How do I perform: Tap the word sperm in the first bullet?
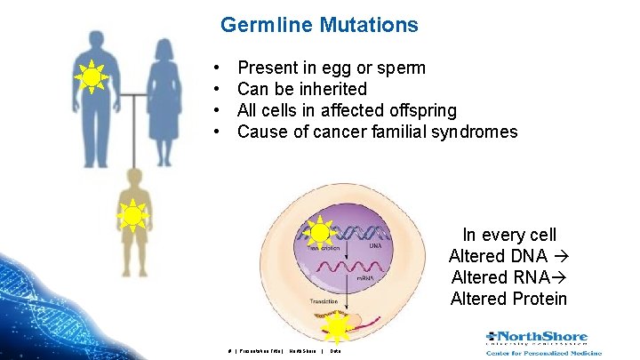point(399,68)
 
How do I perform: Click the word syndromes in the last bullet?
point(473,132)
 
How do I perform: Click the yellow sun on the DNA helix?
point(318,234)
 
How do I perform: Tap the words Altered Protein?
point(508,299)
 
